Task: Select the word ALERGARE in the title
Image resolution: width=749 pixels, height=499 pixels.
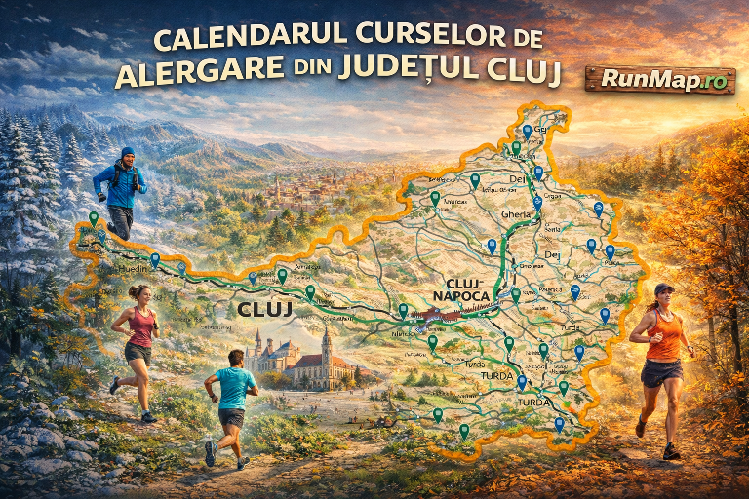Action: (x=188, y=74)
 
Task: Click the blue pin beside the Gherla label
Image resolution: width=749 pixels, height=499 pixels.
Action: (x=536, y=204)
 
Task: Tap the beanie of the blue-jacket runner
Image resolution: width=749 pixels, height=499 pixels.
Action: (x=128, y=153)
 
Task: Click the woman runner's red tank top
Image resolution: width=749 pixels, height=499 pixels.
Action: (x=142, y=328)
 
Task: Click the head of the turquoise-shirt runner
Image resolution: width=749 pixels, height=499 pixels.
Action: (x=235, y=359)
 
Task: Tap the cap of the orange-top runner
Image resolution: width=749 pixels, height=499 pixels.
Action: (x=663, y=288)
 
